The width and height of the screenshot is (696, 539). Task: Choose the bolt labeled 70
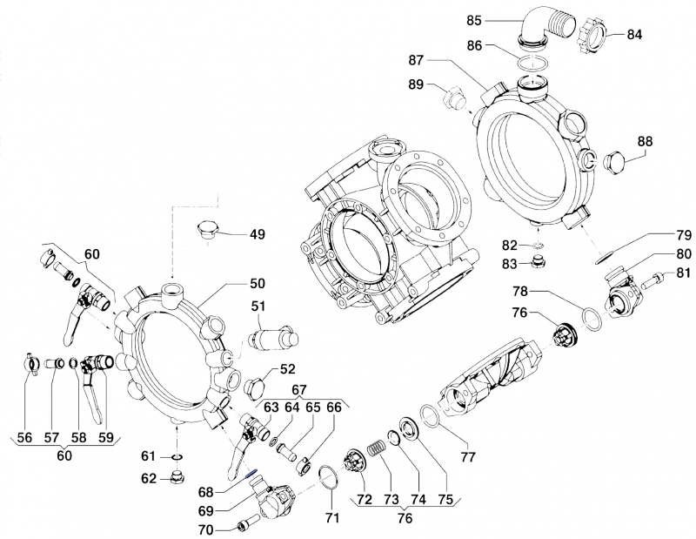244,525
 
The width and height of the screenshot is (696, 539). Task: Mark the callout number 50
257,285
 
